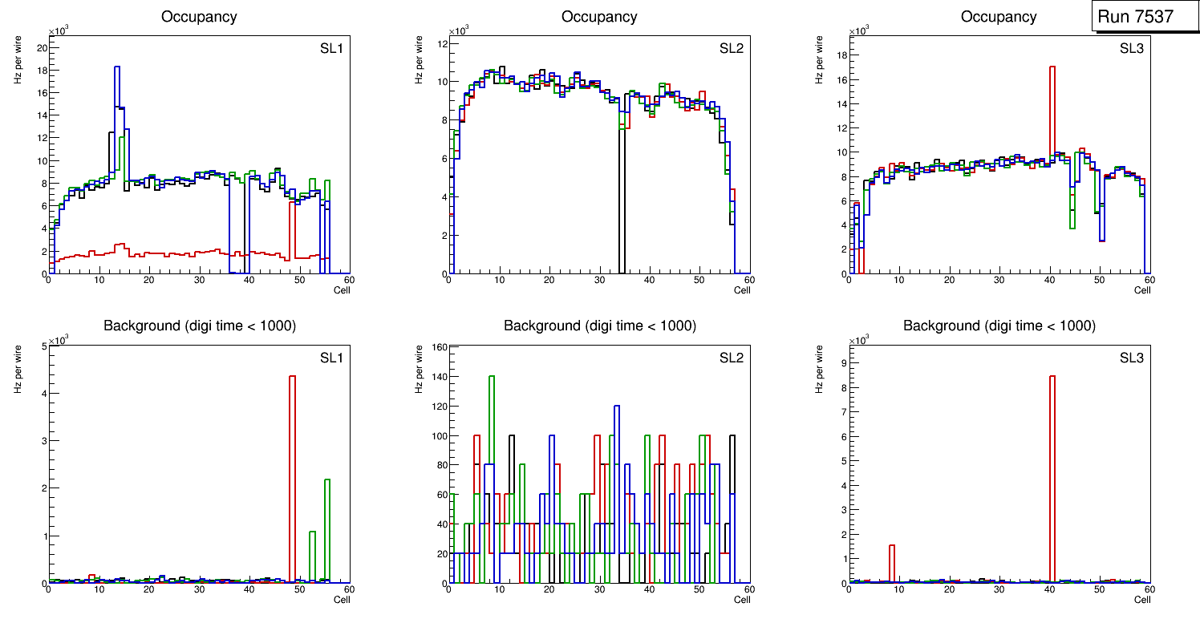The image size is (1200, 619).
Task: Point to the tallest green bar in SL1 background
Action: (x=327, y=529)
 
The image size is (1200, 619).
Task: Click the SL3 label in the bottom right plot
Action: (x=1132, y=358)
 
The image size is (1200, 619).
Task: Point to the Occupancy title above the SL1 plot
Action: (x=199, y=17)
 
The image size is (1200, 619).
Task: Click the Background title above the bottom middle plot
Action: (x=599, y=326)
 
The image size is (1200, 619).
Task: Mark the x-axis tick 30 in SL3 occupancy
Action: (x=999, y=281)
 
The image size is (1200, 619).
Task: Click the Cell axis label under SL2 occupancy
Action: (x=742, y=290)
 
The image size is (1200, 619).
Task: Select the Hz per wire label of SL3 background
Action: (x=820, y=368)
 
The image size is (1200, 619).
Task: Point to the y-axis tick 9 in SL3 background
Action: (x=842, y=363)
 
